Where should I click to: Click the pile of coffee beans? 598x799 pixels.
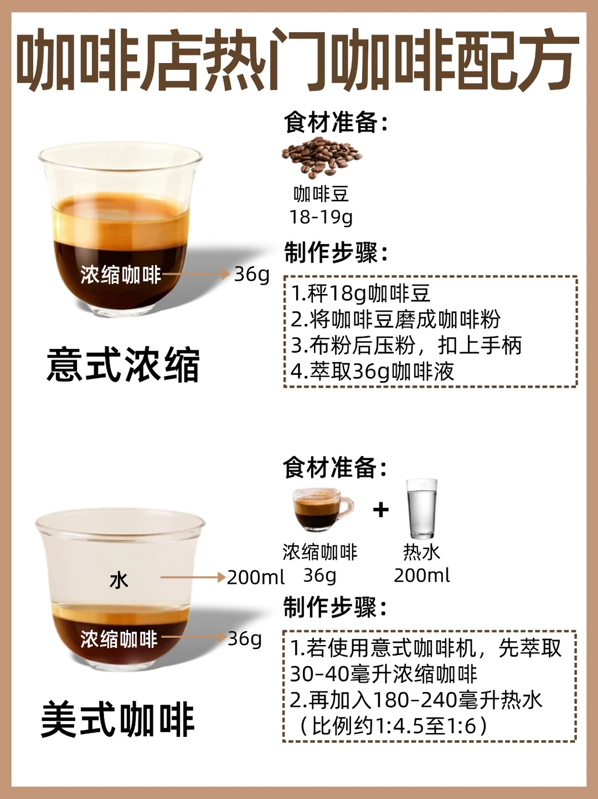[x=322, y=157]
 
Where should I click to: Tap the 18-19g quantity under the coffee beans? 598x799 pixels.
[x=321, y=217]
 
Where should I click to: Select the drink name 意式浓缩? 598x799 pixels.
[x=123, y=365]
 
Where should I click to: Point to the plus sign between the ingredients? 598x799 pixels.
[x=381, y=509]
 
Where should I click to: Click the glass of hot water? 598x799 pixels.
[x=421, y=508]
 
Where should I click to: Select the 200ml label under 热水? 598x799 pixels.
[x=422, y=575]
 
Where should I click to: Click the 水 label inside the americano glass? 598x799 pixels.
[x=118, y=580]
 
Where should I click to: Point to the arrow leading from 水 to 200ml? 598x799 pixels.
[x=193, y=577]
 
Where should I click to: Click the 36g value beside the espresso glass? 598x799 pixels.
[x=252, y=274]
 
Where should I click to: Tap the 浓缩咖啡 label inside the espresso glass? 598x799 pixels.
[x=121, y=275]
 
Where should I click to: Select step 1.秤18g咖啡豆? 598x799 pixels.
[x=361, y=294]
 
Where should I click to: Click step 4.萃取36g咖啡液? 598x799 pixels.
[x=372, y=372]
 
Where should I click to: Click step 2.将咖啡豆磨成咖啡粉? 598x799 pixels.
[x=396, y=319]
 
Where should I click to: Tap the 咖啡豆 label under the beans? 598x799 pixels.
[x=321, y=194]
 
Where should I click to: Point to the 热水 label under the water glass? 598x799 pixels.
[x=421, y=552]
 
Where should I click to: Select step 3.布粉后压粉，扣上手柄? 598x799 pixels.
[x=406, y=346]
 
